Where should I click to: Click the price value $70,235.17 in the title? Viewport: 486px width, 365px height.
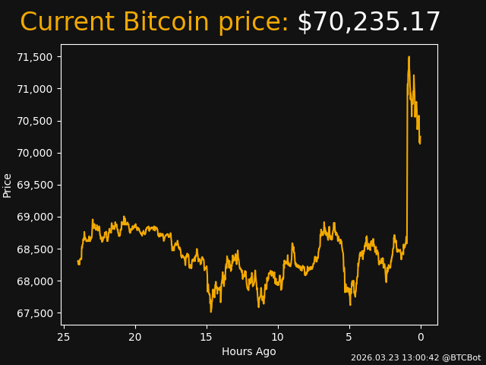click(x=369, y=23)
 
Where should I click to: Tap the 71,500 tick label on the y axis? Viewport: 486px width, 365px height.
click(x=36, y=57)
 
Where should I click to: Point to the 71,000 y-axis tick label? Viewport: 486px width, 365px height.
click(x=36, y=89)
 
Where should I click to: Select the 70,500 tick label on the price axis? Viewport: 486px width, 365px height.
click(x=36, y=121)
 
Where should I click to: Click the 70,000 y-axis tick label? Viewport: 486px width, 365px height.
click(x=36, y=153)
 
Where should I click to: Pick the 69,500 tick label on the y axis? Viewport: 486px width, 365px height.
click(x=36, y=185)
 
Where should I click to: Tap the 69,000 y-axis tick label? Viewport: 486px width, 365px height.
click(x=36, y=217)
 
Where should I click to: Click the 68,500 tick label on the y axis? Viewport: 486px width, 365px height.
click(x=36, y=249)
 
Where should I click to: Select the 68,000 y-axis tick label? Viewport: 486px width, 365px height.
click(x=36, y=281)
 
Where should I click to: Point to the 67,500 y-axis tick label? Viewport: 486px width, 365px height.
click(x=36, y=313)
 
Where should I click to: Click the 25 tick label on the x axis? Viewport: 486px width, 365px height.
click(x=64, y=337)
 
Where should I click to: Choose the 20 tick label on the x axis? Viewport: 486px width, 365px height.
click(x=135, y=337)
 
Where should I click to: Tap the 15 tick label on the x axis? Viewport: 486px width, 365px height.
click(x=207, y=337)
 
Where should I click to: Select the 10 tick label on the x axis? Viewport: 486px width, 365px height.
click(x=278, y=337)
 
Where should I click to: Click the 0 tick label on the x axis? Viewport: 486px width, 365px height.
click(x=421, y=337)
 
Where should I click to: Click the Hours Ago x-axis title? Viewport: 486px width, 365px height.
click(x=249, y=351)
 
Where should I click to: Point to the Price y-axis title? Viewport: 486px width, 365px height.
click(x=8, y=185)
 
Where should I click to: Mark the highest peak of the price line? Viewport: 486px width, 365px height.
click(x=409, y=56)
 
